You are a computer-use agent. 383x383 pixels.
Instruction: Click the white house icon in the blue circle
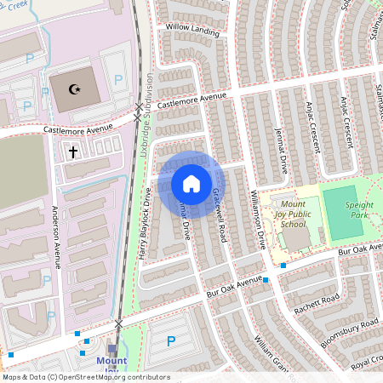(191, 184)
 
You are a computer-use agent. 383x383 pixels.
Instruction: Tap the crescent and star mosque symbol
(75, 88)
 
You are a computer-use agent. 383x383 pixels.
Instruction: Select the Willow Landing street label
(193, 30)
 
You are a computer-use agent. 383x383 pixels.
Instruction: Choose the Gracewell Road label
(220, 212)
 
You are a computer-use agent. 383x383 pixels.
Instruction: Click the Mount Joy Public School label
(293, 214)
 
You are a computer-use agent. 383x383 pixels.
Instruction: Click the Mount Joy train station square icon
(112, 348)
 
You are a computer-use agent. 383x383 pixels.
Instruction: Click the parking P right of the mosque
(118, 78)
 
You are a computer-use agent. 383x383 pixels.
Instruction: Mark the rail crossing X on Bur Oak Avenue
(119, 323)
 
